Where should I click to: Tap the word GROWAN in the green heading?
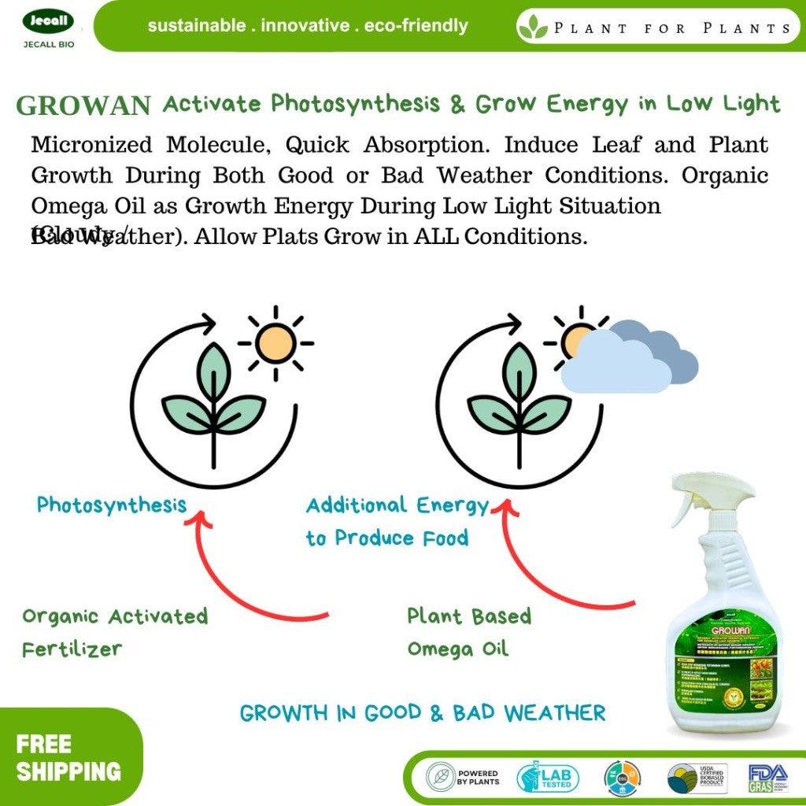[x=83, y=105]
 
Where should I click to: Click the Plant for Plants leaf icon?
[x=532, y=28]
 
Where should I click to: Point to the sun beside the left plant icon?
[x=275, y=343]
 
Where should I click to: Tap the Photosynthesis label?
[x=112, y=505]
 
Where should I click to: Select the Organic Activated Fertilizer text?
[x=114, y=632]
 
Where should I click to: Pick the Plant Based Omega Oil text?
[x=468, y=632]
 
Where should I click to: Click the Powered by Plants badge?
[x=463, y=778]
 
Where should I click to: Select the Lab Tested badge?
[x=548, y=778]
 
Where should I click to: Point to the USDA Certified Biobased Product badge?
[x=697, y=778]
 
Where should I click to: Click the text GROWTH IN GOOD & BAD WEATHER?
[x=423, y=713]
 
